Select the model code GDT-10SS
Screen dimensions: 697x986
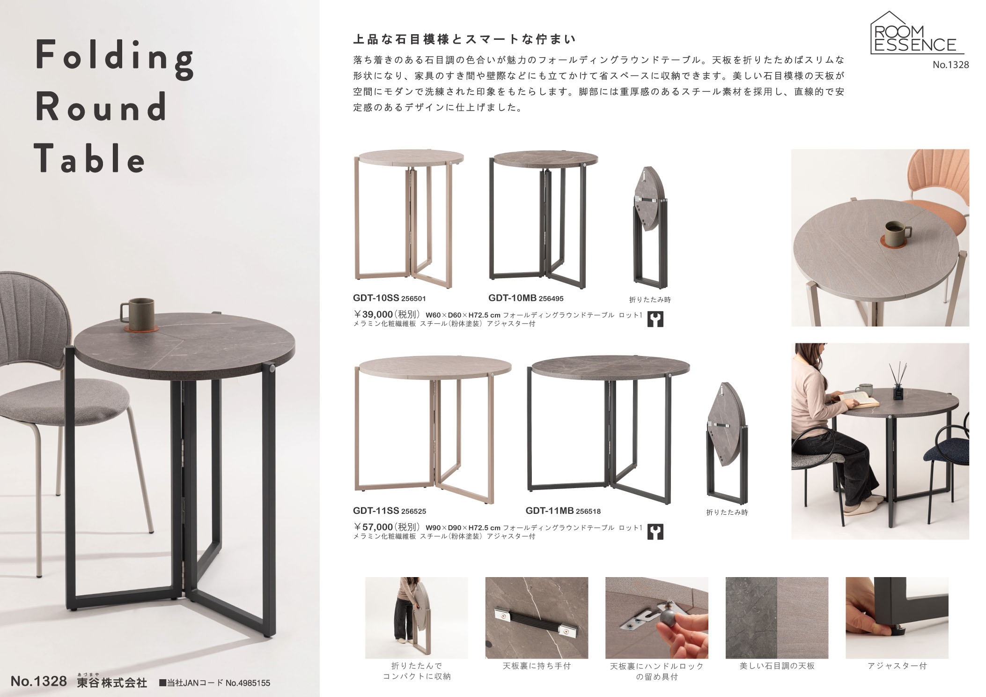[x=375, y=298]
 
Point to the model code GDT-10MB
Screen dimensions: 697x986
[x=513, y=298]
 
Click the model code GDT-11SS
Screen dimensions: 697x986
[x=376, y=511]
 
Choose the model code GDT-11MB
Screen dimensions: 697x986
[x=549, y=511]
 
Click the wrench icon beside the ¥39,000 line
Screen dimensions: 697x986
[x=655, y=319]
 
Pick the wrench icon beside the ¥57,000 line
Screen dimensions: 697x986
[x=655, y=532]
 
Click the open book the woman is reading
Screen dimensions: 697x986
[x=858, y=401]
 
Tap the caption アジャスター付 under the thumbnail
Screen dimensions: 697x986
[x=897, y=666]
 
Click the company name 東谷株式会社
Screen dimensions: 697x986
[x=112, y=682]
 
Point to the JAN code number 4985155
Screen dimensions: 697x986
[x=248, y=683]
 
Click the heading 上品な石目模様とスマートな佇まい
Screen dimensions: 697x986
[x=464, y=39]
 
